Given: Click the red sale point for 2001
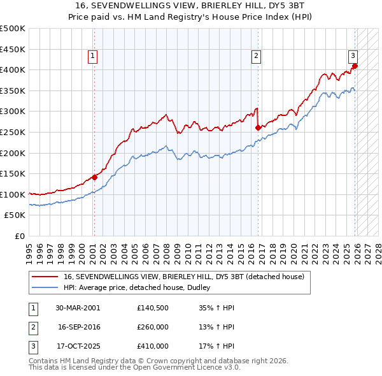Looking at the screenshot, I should click(x=94, y=177).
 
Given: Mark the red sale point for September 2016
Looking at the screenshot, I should click(x=258, y=127).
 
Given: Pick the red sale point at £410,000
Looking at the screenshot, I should click(x=355, y=66).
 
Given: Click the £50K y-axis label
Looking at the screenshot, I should click(x=16, y=215).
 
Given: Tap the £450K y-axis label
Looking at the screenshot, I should click(x=14, y=49).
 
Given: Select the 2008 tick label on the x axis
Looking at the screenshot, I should click(x=167, y=249).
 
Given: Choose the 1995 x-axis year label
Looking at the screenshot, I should click(x=29, y=249).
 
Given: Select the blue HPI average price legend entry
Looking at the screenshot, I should click(x=141, y=288).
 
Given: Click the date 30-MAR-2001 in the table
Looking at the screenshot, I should click(x=78, y=307).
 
